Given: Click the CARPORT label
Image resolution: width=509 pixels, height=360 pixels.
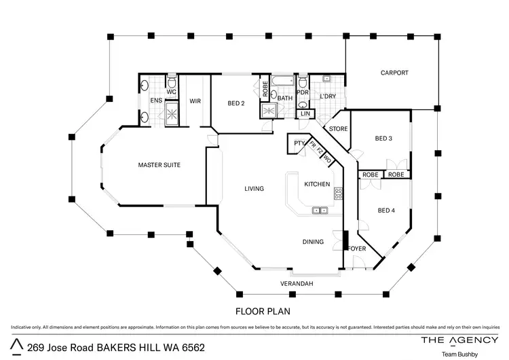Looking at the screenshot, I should pyautogui.click(x=394, y=73).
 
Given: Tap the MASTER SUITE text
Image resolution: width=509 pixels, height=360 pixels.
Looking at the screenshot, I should pyautogui.click(x=159, y=164).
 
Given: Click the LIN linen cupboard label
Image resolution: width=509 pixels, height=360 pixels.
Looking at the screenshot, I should pyautogui.click(x=305, y=114).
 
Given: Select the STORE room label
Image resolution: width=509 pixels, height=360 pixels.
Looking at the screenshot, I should pyautogui.click(x=338, y=129).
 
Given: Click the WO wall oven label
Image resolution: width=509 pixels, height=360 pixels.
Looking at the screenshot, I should pyautogui.click(x=327, y=159).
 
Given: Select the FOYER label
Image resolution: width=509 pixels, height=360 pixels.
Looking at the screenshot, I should pyautogui.click(x=357, y=249).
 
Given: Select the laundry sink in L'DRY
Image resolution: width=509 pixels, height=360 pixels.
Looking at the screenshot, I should pyautogui.click(x=326, y=79).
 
